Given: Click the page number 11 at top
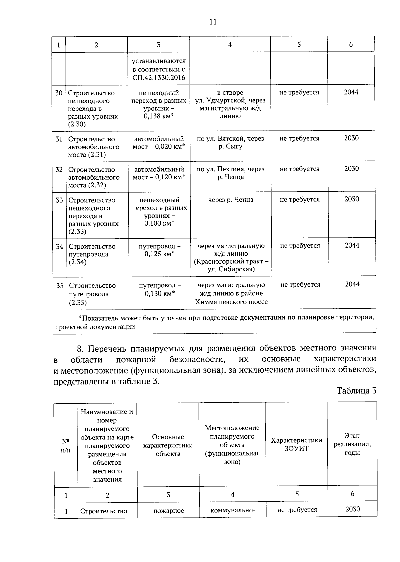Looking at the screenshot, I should (x=213, y=22).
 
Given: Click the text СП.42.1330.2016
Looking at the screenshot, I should (x=158, y=78).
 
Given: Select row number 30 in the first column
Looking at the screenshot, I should (x=59, y=93).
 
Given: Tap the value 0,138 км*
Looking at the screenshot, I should (x=159, y=116).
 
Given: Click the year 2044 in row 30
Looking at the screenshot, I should (x=351, y=92).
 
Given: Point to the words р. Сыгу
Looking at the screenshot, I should (x=230, y=146).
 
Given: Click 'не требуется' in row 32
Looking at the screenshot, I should (x=299, y=169).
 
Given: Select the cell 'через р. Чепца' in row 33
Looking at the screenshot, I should (x=231, y=200).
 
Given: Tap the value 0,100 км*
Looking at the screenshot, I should (x=159, y=223).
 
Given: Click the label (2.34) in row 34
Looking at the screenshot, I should (x=78, y=262).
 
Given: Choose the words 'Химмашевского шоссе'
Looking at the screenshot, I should (x=231, y=302).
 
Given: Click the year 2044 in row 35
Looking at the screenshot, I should (x=352, y=284).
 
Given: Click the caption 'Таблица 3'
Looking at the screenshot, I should (x=356, y=391).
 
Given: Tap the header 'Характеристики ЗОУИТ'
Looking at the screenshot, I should (x=296, y=444).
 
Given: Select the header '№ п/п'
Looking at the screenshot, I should (x=66, y=446).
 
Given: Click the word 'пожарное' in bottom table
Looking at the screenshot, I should (x=169, y=511).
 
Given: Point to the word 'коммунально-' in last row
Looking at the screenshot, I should (x=233, y=510).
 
